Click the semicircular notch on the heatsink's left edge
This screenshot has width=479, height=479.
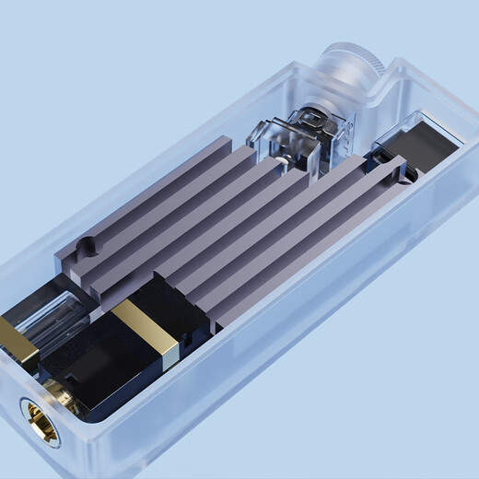86,247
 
